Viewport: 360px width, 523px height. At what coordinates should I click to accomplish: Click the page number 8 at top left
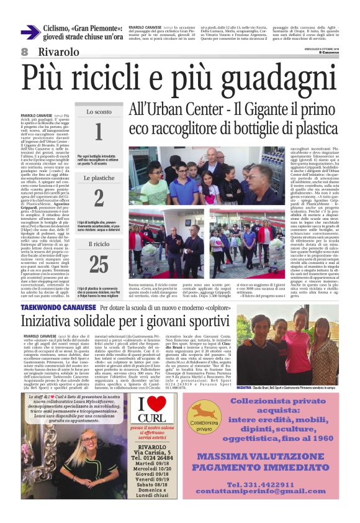click(x=25, y=51)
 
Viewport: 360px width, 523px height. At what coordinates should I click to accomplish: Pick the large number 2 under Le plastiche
click(x=99, y=197)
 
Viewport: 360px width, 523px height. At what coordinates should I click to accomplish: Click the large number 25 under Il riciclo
click(x=99, y=263)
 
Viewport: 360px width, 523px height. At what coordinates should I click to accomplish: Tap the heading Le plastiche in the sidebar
click(x=99, y=178)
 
